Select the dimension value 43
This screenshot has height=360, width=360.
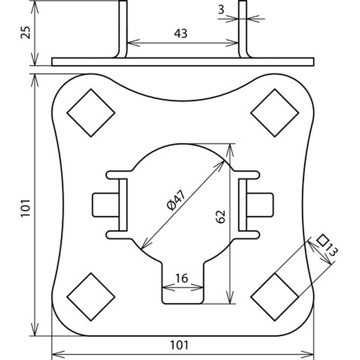pyautogui.click(x=181, y=33)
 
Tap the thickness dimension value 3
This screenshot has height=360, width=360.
pyautogui.click(x=221, y=10)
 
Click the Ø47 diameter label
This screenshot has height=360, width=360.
pyautogui.click(x=176, y=201)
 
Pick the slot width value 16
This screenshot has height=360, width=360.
pyautogui.click(x=182, y=278)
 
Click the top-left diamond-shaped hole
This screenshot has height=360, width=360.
pyautogui.click(x=91, y=113)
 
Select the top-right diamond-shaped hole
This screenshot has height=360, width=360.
pyautogui.click(x=275, y=113)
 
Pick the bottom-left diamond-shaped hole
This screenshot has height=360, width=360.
pyautogui.click(x=91, y=297)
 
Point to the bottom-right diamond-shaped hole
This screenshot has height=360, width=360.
pyautogui.click(x=275, y=297)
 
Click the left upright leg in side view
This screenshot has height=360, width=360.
pyautogui.click(x=123, y=29)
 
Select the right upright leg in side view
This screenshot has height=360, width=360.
pyautogui.click(x=243, y=29)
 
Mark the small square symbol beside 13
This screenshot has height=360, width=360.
pyautogui.click(x=324, y=240)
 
